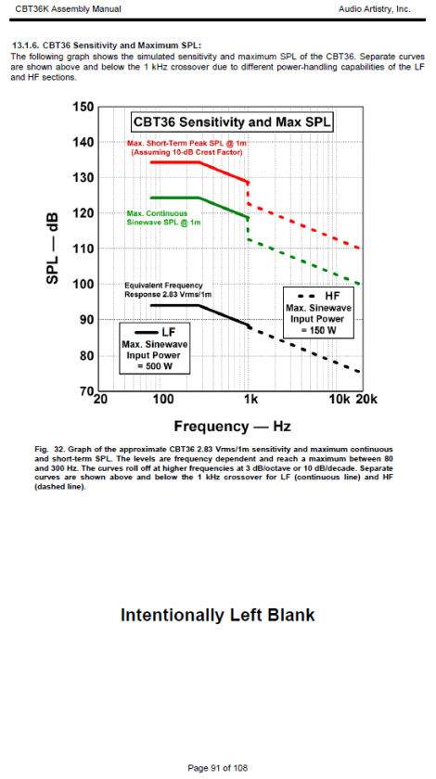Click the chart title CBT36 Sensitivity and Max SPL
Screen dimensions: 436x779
click(x=232, y=122)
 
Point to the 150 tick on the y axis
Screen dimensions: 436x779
click(x=83, y=108)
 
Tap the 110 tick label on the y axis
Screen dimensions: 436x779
click(x=83, y=249)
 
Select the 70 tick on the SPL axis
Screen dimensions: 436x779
click(x=85, y=391)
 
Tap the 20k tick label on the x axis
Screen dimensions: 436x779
click(x=367, y=400)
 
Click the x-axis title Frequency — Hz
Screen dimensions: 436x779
click(x=232, y=427)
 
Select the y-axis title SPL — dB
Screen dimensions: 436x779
click(x=53, y=249)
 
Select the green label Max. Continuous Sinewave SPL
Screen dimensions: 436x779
click(x=164, y=218)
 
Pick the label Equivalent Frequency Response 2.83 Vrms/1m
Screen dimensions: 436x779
click(x=169, y=289)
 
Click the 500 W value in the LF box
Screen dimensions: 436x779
click(x=154, y=366)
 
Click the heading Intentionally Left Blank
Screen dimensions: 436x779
click(x=218, y=615)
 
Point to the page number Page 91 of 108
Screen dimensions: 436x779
click(x=217, y=768)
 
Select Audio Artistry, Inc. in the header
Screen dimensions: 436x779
click(x=375, y=9)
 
